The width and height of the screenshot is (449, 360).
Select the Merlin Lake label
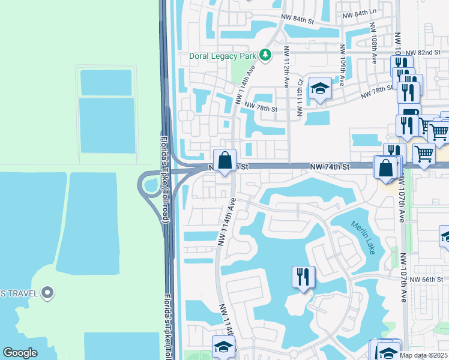[362, 237]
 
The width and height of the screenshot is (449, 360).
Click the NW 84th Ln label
[359, 12]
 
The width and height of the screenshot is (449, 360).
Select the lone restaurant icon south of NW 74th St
[303, 277]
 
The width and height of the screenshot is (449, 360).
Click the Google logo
[20, 353]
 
